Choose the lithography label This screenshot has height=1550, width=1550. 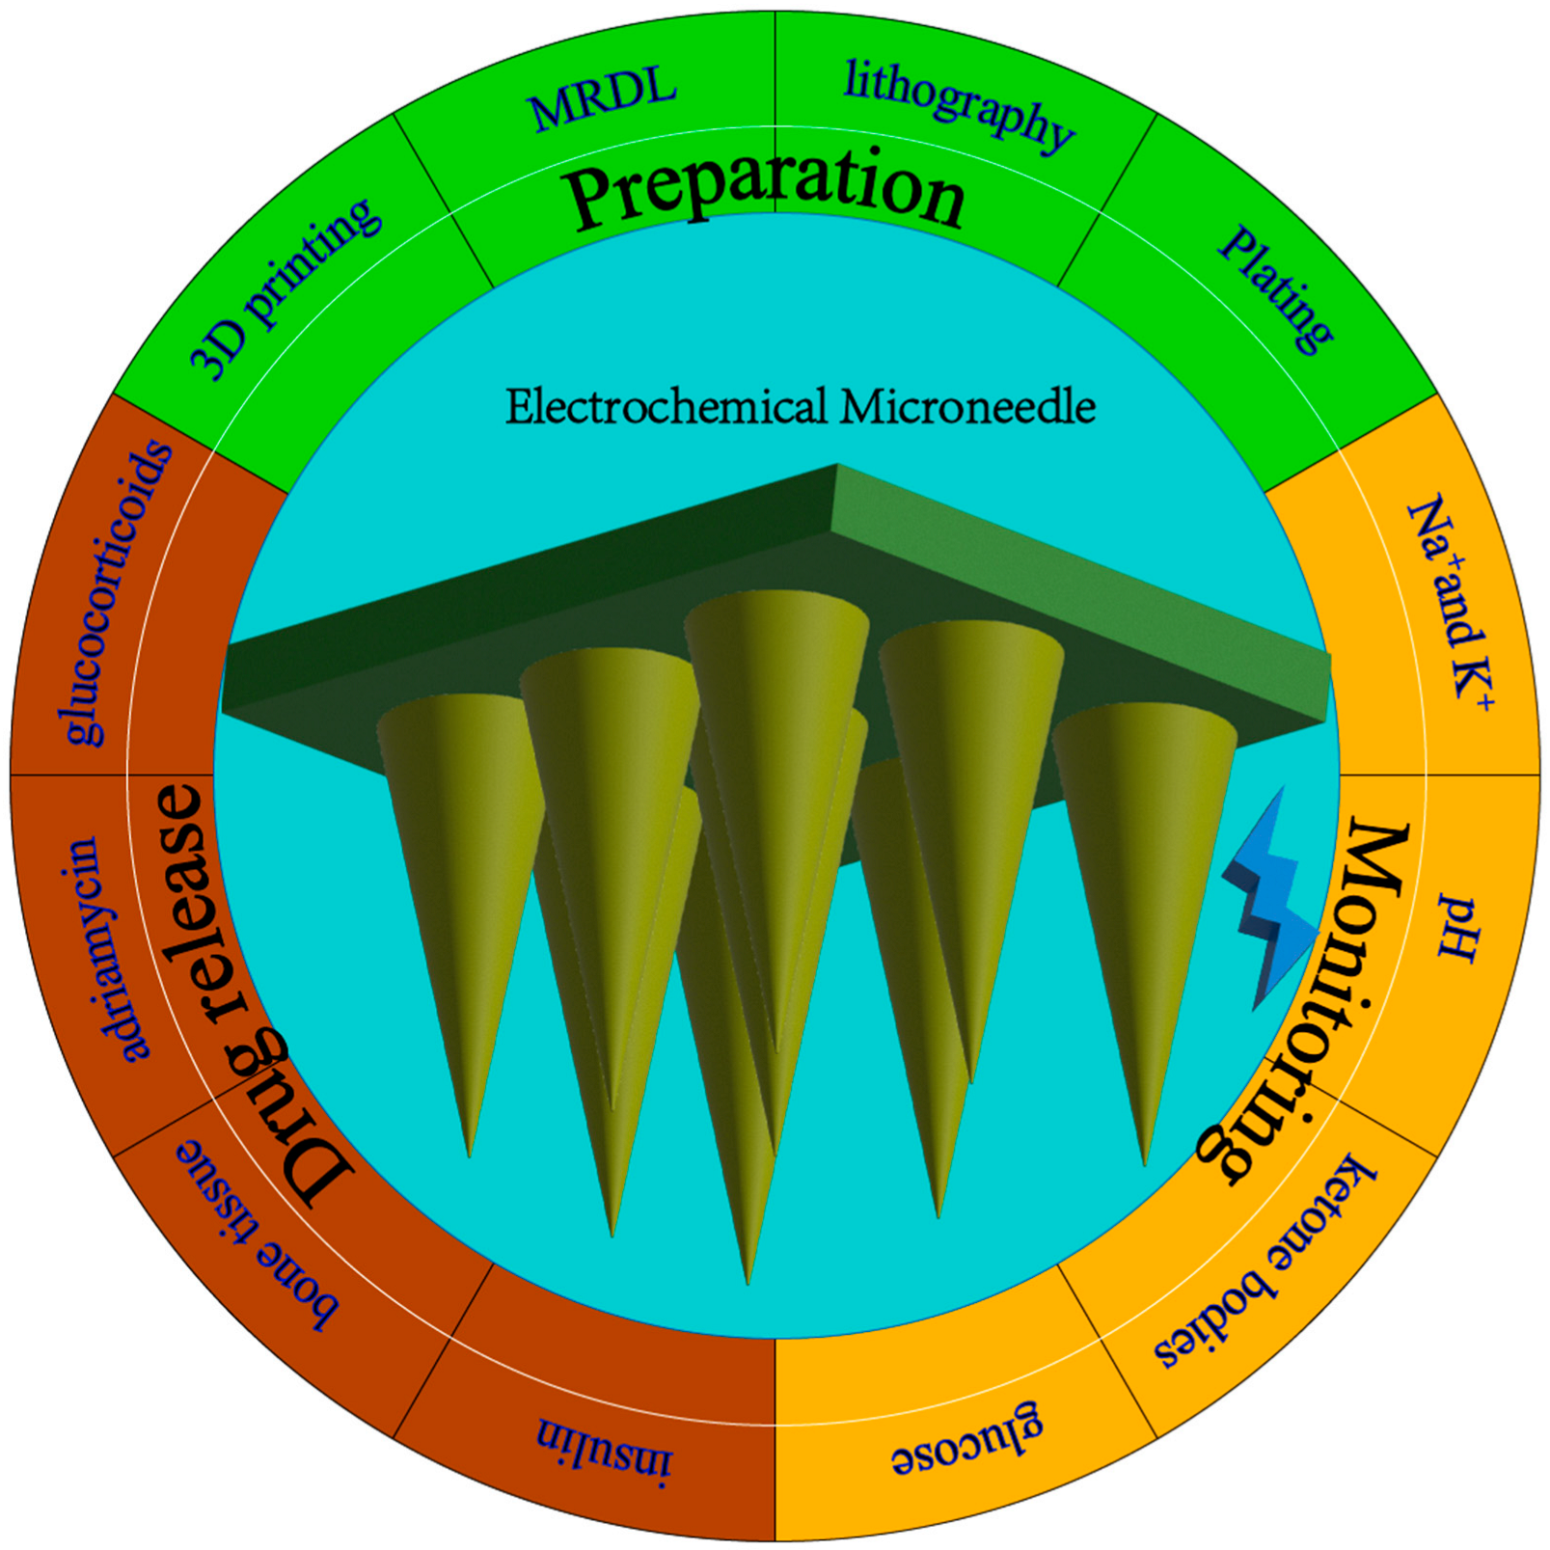[x=959, y=106]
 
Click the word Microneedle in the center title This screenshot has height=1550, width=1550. [x=967, y=406]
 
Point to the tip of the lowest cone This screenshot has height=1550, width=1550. [x=748, y=1281]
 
